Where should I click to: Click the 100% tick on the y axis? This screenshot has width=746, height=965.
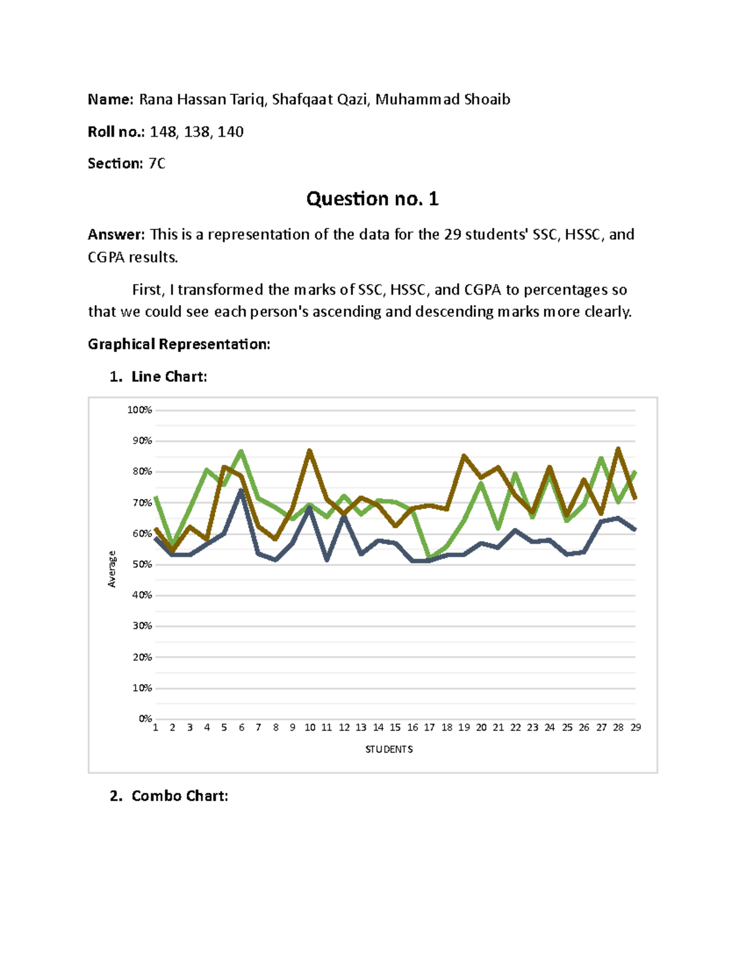point(139,410)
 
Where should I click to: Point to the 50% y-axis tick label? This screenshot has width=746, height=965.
point(142,564)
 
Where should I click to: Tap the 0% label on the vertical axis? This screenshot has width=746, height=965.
point(145,718)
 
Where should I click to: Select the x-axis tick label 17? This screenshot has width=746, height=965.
point(430,728)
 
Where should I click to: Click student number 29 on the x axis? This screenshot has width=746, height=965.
point(635,728)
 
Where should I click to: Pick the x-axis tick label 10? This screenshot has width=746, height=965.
point(310,728)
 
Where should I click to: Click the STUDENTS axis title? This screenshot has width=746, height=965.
point(389,749)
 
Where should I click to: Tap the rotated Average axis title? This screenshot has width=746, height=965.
point(112,569)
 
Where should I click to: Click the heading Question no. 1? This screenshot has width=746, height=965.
point(372,199)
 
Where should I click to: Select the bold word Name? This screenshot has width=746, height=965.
point(110,99)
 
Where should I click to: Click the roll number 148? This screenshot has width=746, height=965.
point(163,132)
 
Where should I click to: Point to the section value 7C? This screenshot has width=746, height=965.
point(157,163)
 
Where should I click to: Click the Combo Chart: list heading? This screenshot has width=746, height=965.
point(180,796)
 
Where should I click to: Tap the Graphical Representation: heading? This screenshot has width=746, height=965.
point(179,344)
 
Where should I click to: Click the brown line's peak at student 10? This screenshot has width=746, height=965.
point(310,451)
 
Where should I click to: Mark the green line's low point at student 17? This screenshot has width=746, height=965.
point(429,557)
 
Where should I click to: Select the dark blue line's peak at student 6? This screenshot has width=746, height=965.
point(241,491)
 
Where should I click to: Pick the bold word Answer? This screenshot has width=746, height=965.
point(116,235)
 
